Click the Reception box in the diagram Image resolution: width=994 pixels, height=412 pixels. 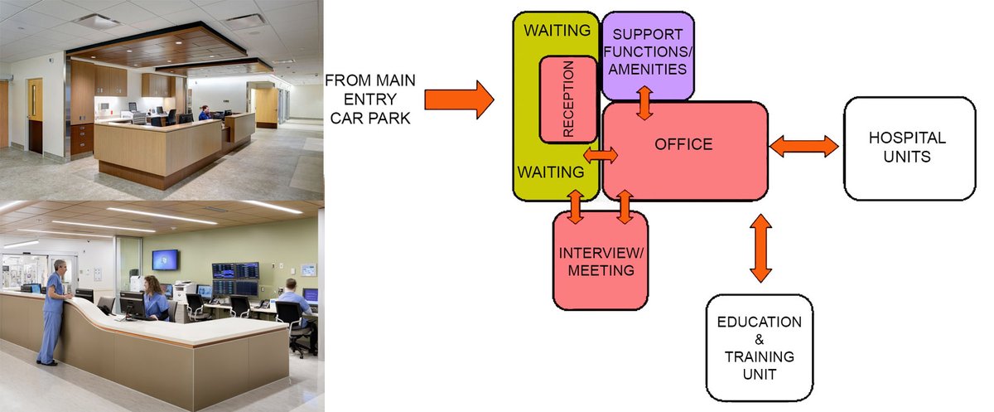click(568, 99)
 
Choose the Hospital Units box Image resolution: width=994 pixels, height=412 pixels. click(909, 148)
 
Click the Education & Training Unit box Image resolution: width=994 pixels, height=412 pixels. click(759, 347)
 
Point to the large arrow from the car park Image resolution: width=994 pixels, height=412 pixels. click(458, 99)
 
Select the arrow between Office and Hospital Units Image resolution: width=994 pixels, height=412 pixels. click(803, 147)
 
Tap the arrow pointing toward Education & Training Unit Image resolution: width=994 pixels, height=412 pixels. click(760, 248)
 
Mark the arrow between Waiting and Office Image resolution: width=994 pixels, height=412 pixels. click(601, 155)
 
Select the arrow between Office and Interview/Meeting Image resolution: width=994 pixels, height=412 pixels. click(625, 206)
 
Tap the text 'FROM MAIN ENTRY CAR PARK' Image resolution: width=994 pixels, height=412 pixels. click(369, 99)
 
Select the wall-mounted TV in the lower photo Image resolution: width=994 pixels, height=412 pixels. click(165, 259)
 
